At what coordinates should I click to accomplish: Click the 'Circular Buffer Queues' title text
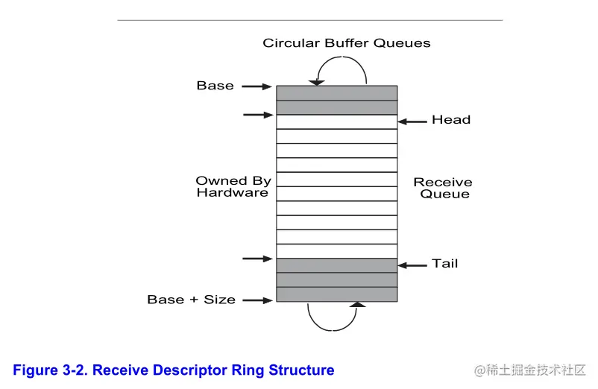pos(346,43)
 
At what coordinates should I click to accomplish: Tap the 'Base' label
pos(215,86)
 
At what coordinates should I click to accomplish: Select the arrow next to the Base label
pos(257,86)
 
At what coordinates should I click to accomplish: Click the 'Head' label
pos(451,120)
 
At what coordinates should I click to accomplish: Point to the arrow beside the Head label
pos(412,121)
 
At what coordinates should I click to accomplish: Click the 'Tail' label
pos(445,264)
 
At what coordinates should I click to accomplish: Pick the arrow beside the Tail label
pos(412,265)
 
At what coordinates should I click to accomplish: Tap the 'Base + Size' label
pos(191,300)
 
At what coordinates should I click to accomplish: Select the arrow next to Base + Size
pos(257,301)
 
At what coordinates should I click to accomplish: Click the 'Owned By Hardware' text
pos(232,186)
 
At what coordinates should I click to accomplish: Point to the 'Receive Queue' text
pos(443,188)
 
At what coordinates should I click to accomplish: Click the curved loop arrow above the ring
pos(342,70)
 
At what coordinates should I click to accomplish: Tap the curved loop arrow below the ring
pos(333,317)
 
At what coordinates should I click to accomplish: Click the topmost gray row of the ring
pos(336,93)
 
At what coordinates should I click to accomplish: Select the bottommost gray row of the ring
pos(336,294)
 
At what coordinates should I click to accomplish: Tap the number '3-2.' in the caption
pos(76,370)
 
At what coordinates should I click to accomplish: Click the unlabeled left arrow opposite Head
pos(257,115)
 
